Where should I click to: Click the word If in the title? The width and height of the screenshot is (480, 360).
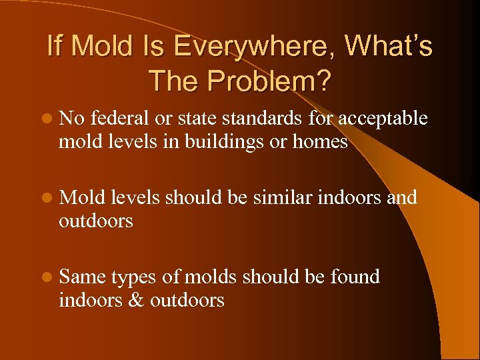pyautogui.click(x=55, y=47)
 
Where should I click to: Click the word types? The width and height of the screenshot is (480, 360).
pyautogui.click(x=133, y=277)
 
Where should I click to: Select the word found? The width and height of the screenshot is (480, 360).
pyautogui.click(x=355, y=277)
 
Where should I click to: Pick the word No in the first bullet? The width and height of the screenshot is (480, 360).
pyautogui.click(x=71, y=119)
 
